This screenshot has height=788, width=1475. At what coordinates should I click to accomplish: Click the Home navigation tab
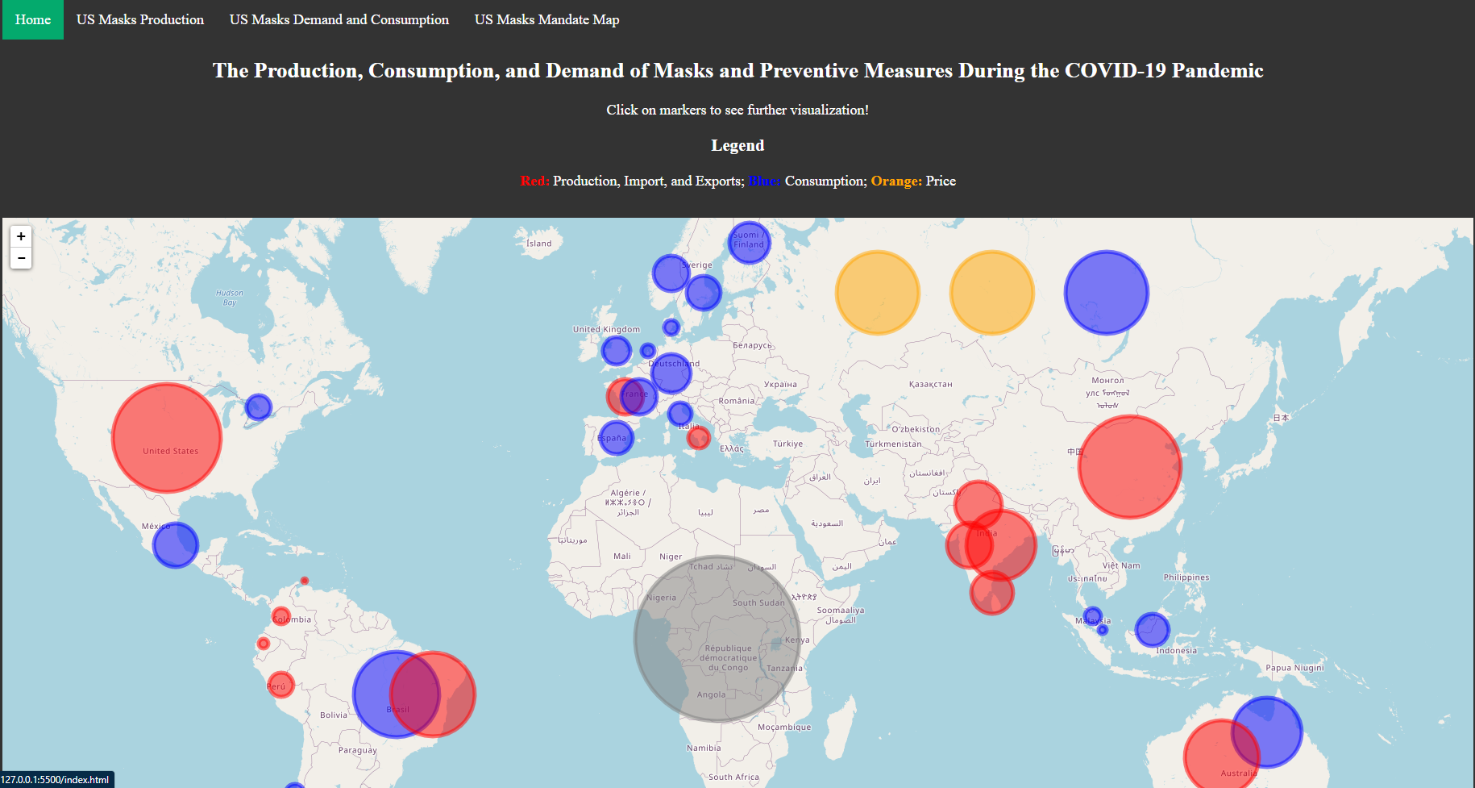[x=33, y=19]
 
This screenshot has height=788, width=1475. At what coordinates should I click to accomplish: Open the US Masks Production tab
[x=140, y=19]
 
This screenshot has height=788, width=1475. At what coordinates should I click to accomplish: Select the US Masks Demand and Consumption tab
[x=339, y=19]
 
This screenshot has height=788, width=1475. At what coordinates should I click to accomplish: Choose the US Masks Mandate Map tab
[x=546, y=19]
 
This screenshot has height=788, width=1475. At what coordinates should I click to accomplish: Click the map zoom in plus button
[x=21, y=236]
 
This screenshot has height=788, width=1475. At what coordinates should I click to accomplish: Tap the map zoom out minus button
[x=21, y=258]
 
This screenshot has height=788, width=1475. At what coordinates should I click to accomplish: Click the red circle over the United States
[x=167, y=438]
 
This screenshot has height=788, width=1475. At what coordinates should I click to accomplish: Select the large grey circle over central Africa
[x=717, y=638]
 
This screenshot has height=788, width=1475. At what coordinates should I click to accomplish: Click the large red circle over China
[x=1129, y=467]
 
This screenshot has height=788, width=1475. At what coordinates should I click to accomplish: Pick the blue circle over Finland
[x=749, y=242]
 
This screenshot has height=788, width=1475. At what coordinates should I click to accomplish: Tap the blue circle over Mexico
[x=176, y=545]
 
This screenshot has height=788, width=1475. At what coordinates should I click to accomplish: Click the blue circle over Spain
[x=616, y=438]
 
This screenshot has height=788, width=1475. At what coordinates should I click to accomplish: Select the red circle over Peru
[x=280, y=685]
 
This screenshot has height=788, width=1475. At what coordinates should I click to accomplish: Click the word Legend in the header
[x=737, y=145]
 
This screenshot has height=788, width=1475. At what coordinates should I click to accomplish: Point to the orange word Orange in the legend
[x=895, y=181]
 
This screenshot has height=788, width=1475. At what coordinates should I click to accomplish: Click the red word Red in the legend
[x=534, y=181]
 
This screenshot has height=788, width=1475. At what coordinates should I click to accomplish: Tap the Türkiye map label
[x=787, y=444]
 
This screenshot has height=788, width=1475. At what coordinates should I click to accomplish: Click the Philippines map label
[x=1186, y=577]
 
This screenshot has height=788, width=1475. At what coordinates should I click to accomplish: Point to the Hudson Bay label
[x=230, y=298]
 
